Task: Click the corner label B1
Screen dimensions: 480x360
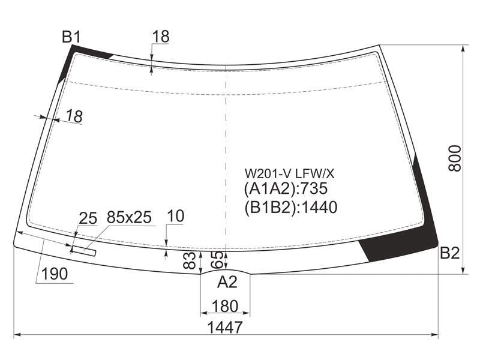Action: pos(71,37)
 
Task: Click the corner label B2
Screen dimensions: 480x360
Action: pos(449,253)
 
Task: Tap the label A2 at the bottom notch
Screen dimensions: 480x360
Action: pos(227,281)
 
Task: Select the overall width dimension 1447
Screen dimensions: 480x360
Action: pos(225,327)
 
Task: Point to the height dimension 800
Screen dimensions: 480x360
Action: pos(455,158)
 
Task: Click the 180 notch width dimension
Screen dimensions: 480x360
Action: pos(225,306)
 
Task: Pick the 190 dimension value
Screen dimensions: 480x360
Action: pos(55,274)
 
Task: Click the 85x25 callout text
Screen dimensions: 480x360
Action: pos(129,217)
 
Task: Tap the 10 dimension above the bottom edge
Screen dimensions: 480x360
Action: pos(176,216)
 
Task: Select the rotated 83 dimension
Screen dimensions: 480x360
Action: pos(190,260)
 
